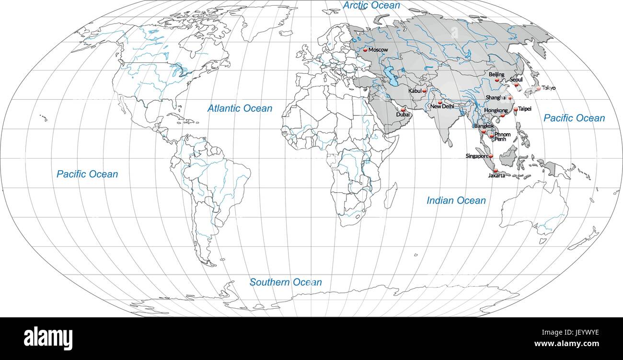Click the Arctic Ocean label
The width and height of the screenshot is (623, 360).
(x=371, y=5)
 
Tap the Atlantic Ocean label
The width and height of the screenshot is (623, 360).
(x=240, y=108)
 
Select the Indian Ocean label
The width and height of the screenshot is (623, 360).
(x=456, y=200)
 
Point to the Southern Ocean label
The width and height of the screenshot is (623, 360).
(x=286, y=282)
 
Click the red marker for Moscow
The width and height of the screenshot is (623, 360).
(x=365, y=49)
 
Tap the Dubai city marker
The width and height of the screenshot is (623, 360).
(x=403, y=110)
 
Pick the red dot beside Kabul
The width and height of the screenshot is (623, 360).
(x=424, y=91)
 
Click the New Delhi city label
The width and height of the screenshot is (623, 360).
(x=442, y=106)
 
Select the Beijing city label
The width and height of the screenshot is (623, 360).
(x=496, y=75)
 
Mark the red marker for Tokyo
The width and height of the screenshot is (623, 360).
(x=539, y=88)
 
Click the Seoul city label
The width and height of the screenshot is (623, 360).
(x=516, y=80)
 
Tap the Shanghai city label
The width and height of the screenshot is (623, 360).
(x=496, y=97)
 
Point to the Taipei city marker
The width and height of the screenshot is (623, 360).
(x=516, y=109)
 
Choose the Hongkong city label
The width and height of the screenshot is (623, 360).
(x=496, y=110)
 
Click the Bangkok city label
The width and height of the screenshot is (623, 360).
(x=484, y=126)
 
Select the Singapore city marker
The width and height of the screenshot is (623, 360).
(x=491, y=156)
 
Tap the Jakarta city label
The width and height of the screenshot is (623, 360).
(x=496, y=176)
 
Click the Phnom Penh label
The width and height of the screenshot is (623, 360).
(x=502, y=137)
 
